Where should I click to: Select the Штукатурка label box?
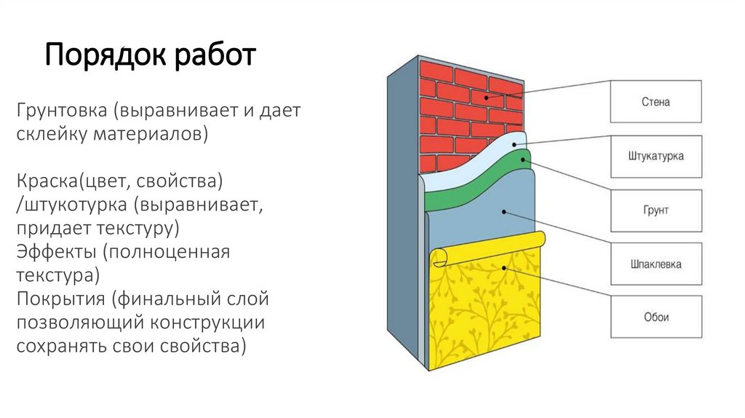pos(656,157)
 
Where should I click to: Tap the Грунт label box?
pos(656,210)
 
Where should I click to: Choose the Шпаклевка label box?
pos(656,264)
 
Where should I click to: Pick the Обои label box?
pos(656,318)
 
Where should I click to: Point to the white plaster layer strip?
pos(473,164)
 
